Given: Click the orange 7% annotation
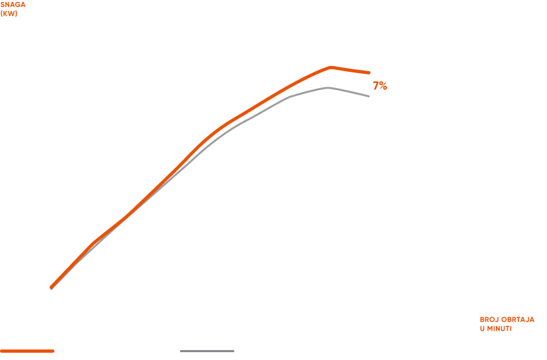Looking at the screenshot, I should pyautogui.click(x=379, y=86).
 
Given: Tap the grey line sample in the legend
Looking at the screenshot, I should pyautogui.click(x=207, y=351).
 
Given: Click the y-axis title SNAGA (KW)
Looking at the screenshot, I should pyautogui.click(x=9, y=9).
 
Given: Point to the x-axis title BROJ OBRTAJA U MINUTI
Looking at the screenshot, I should pyautogui.click(x=507, y=324).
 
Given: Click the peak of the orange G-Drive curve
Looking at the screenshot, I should pyautogui.click(x=331, y=67).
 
